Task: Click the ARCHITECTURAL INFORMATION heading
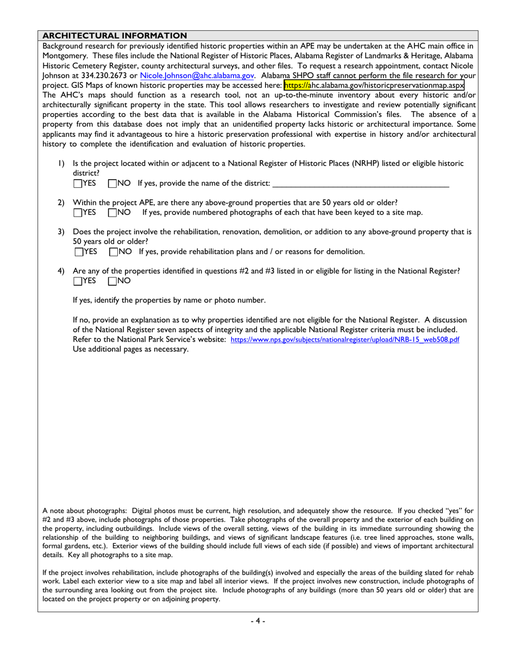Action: (x=115, y=35)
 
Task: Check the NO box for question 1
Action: (x=112, y=184)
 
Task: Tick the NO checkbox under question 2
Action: (x=112, y=212)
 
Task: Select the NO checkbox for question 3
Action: (x=112, y=251)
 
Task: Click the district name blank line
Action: (x=361, y=184)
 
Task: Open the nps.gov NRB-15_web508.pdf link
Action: (x=345, y=339)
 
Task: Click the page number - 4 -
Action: (x=257, y=621)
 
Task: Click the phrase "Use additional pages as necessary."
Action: (x=130, y=349)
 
